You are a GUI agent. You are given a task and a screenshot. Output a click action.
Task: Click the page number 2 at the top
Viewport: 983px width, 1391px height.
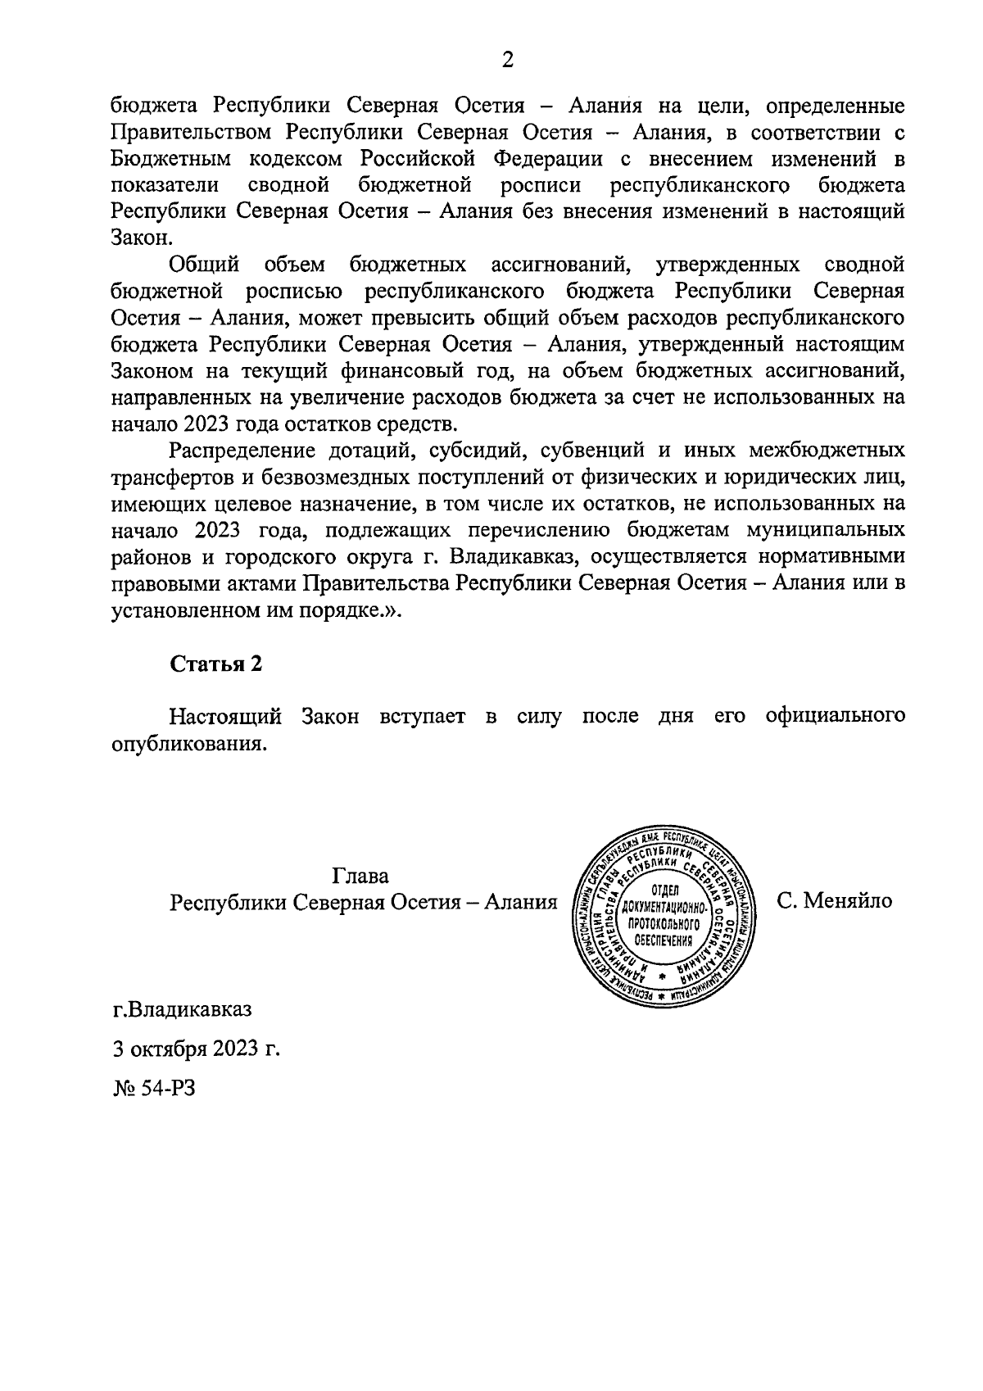[x=507, y=60]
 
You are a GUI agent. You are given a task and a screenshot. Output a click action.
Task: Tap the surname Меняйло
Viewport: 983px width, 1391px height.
[x=847, y=901]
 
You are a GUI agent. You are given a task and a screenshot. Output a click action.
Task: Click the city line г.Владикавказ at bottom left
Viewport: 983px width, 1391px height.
[x=183, y=1008]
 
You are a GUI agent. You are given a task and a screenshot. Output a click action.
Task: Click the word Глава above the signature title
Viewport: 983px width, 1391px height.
[x=361, y=875]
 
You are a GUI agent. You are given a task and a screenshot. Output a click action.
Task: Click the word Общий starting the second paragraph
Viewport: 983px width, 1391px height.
[x=204, y=265]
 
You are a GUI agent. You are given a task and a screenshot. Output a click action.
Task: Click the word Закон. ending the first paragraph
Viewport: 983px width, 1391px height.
[x=143, y=238]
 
